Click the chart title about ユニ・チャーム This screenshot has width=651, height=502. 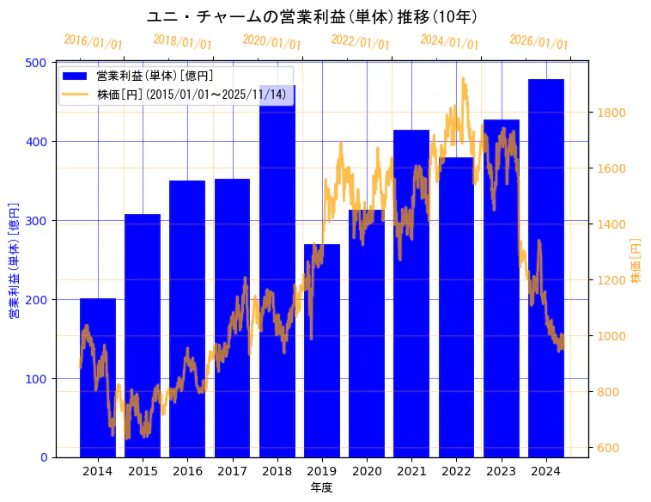(312, 17)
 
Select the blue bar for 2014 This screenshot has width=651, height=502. (98, 378)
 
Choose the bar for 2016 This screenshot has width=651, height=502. (187, 319)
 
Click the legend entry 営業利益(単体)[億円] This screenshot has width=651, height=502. (155, 77)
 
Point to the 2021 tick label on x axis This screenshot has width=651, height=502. (411, 471)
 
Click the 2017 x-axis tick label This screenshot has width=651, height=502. (232, 471)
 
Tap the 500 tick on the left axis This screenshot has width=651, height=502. (36, 63)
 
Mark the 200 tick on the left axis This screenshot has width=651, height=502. (36, 299)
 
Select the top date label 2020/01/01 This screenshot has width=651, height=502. (271, 42)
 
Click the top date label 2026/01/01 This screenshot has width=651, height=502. (538, 42)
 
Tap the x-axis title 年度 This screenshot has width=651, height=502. (321, 487)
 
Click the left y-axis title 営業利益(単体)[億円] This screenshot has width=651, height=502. (14, 260)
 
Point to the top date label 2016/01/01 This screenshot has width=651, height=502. (93, 42)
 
